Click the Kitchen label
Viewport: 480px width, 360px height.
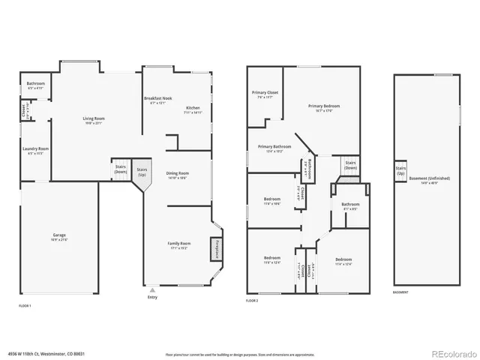tap(193, 108)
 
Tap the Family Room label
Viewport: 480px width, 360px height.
tap(179, 243)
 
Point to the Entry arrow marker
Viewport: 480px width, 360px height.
tap(152, 289)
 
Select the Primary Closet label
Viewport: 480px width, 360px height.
tap(264, 92)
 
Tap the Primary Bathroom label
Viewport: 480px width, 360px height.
tap(274, 147)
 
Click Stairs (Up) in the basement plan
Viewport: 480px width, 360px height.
tap(400, 171)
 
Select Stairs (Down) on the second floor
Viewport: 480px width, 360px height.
tap(349, 165)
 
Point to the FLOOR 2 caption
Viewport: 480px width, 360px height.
tap(253, 300)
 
